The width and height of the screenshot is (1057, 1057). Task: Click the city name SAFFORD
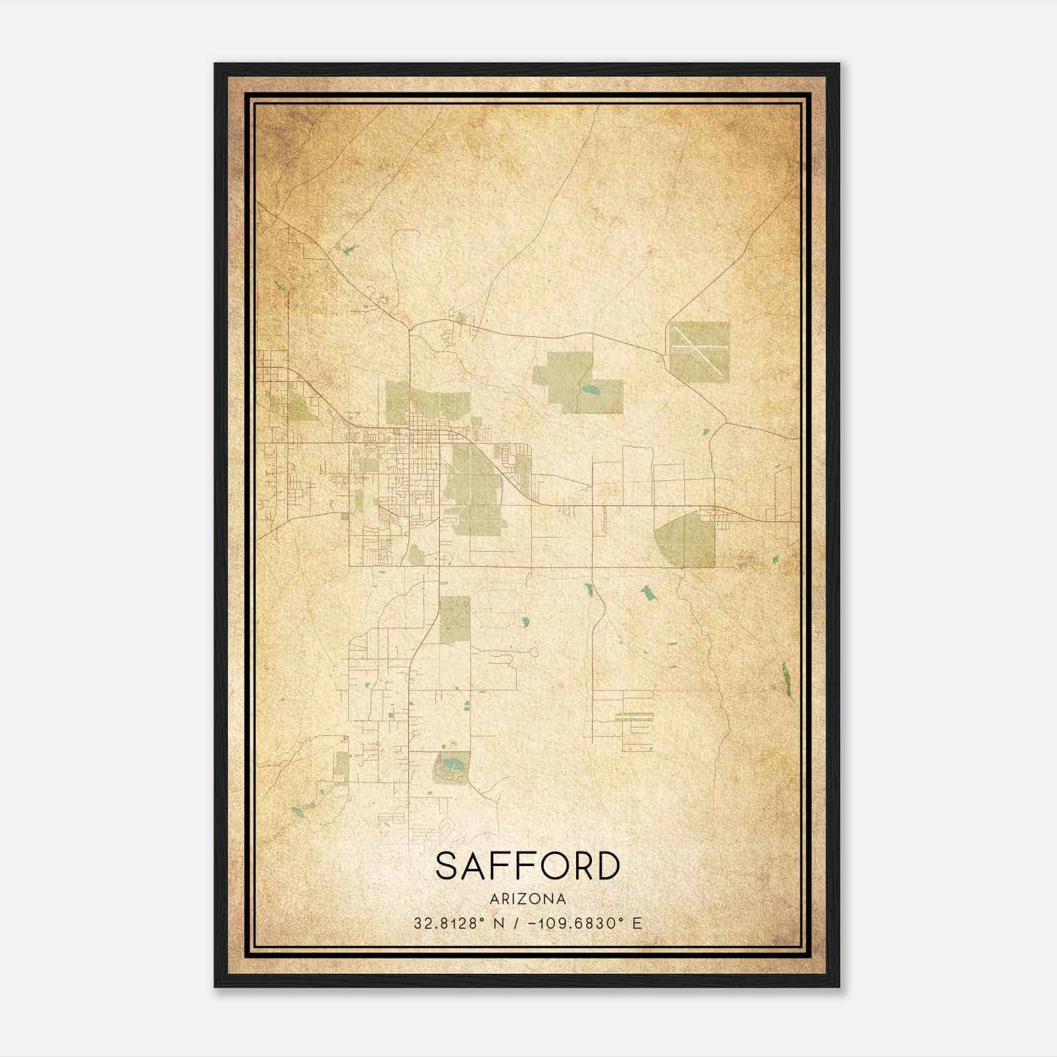[x=528, y=866]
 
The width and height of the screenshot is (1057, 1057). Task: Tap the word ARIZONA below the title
[x=528, y=899]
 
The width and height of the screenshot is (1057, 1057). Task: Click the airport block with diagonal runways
[x=698, y=351]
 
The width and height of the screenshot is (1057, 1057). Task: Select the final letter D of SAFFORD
[x=608, y=866]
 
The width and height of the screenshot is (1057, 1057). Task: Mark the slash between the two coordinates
[x=519, y=924]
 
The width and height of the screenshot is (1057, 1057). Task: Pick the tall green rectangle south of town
[x=455, y=620]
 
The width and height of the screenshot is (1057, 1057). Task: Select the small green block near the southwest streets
[x=341, y=765]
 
